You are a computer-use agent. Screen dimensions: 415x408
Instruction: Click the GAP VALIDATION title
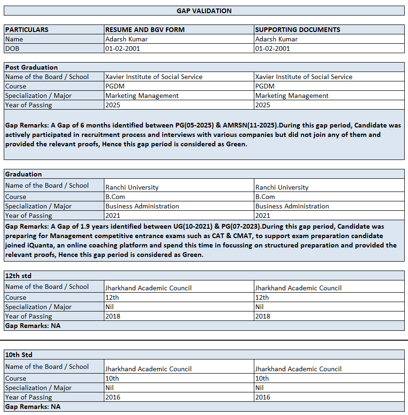tap(204, 11)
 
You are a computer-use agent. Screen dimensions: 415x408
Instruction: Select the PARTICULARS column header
tap(27, 30)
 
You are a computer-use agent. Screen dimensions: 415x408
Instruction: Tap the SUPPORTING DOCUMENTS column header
tap(298, 30)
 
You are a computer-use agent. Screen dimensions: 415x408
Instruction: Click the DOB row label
tap(12, 48)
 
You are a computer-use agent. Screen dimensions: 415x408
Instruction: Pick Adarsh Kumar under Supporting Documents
tap(276, 39)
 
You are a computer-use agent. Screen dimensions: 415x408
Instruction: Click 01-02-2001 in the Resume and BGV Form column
tap(123, 48)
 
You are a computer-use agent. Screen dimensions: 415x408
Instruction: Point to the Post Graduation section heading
tap(31, 67)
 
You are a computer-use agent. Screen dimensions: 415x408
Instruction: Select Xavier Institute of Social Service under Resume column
tap(154, 77)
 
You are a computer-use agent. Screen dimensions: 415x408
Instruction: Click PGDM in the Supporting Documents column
tap(265, 86)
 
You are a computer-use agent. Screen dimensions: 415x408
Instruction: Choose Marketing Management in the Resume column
tap(142, 96)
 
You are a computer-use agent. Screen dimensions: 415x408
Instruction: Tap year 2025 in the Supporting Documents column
tap(263, 105)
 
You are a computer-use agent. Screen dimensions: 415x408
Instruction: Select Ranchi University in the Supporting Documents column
tap(282, 187)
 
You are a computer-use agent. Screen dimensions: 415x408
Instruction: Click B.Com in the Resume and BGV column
tap(115, 197)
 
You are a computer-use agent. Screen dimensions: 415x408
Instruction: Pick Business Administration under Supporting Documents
tap(292, 206)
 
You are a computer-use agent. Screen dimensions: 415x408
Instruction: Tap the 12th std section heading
tap(18, 276)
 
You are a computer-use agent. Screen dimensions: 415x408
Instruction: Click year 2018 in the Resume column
tap(113, 316)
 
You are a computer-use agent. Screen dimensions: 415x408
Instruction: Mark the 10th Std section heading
tap(19, 355)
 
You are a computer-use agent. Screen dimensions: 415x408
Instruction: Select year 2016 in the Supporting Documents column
tap(263, 397)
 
